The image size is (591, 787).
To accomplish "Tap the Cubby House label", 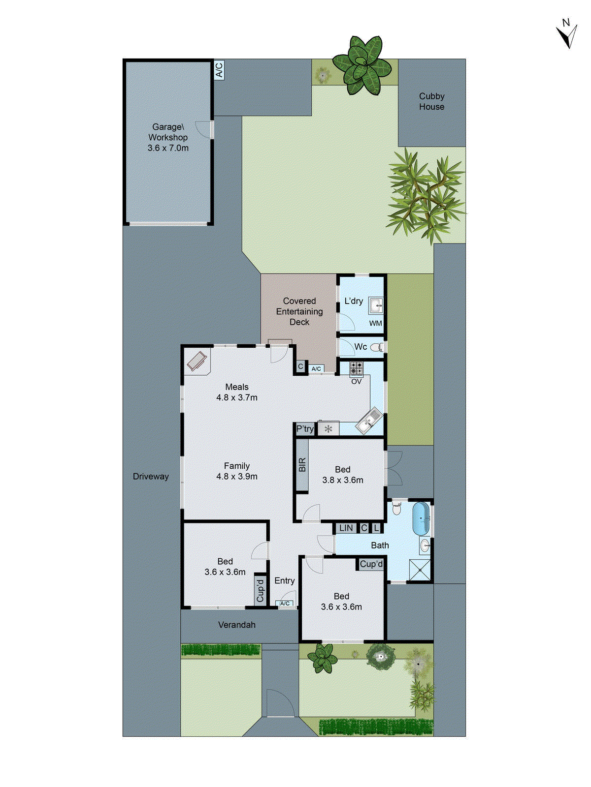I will coord(431,102).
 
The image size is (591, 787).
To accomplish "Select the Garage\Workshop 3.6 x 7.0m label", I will coord(168,137).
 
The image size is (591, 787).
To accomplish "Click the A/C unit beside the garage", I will coord(219,70).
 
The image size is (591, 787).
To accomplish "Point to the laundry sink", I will coord(376,305).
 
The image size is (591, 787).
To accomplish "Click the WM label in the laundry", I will coord(375,323).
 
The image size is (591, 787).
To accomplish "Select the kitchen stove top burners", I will coord(356,367).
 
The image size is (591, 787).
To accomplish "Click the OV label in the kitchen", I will coord(356,381).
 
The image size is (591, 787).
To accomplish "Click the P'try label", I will coord(305,429).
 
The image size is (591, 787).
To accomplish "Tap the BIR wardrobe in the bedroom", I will coord(302,465).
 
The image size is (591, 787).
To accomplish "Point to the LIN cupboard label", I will coord(346,528).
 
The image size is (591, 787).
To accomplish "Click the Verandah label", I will coord(237,625).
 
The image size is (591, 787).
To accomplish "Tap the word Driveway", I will coord(151,476).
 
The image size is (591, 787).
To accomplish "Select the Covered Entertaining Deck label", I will coord(299,311).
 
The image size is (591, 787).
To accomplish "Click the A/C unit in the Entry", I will coord(285,604).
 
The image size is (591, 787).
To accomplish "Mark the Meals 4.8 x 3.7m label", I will coord(237,392).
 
